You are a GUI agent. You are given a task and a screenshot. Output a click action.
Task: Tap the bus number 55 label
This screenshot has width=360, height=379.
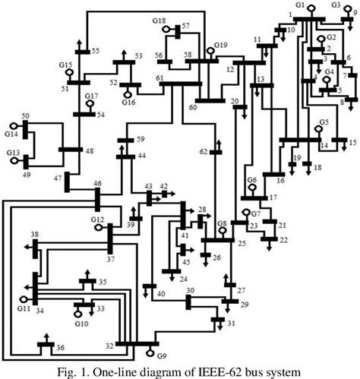(x=96, y=51)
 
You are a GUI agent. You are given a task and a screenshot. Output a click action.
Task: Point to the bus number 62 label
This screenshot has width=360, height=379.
(x=204, y=152)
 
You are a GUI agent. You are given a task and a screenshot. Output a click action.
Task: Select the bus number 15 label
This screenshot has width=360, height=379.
(x=352, y=143)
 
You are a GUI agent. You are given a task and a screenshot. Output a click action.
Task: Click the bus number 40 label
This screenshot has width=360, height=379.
(x=160, y=294)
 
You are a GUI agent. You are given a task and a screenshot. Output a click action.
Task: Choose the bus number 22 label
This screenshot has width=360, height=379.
(x=284, y=240)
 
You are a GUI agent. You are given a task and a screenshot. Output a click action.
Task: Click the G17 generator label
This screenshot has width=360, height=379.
(x=92, y=96)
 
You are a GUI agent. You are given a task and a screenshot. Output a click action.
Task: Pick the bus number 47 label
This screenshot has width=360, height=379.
(x=58, y=178)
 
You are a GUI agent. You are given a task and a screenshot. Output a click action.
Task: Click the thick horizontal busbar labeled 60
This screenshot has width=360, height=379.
(x=209, y=100)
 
